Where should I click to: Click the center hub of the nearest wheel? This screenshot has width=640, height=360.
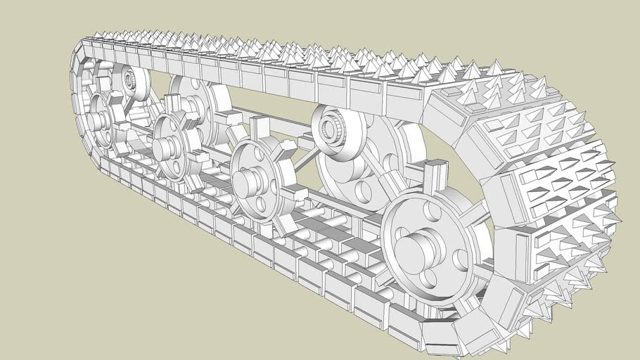[415, 249]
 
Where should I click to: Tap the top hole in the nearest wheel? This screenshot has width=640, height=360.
[430, 213]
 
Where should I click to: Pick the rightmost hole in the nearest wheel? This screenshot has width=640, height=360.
[461, 259]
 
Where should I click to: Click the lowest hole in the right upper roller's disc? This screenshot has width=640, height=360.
[363, 190]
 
